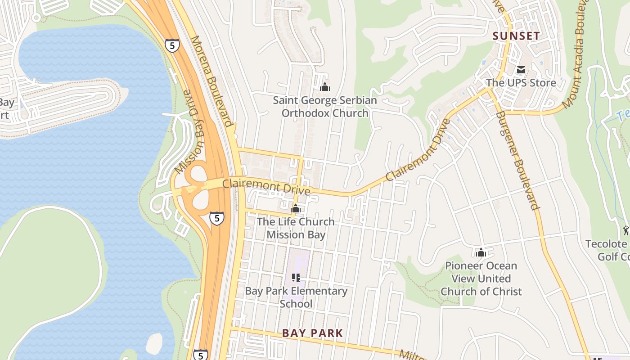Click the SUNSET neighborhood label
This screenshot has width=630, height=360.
click(x=516, y=36)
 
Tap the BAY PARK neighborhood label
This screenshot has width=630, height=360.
click(x=312, y=333)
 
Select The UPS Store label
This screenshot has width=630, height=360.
click(x=521, y=83)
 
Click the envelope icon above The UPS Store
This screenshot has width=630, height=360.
click(x=521, y=70)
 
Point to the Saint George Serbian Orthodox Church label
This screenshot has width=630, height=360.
click(x=325, y=107)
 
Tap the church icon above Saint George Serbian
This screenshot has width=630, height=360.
click(x=324, y=87)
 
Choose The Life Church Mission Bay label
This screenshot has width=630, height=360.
click(x=296, y=228)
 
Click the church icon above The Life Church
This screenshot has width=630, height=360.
click(x=296, y=208)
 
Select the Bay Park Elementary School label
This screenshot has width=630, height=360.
click(x=296, y=297)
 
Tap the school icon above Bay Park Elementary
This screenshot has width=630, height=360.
click(x=296, y=278)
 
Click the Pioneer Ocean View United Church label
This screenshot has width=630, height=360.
click(x=481, y=279)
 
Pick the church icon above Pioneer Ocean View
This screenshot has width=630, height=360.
click(x=481, y=252)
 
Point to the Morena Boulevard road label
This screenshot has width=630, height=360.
click(x=211, y=81)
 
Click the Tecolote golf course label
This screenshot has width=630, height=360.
click(x=607, y=250)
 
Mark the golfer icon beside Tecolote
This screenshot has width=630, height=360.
click(x=626, y=231)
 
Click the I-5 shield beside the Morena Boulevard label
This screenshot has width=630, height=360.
click(x=172, y=45)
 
